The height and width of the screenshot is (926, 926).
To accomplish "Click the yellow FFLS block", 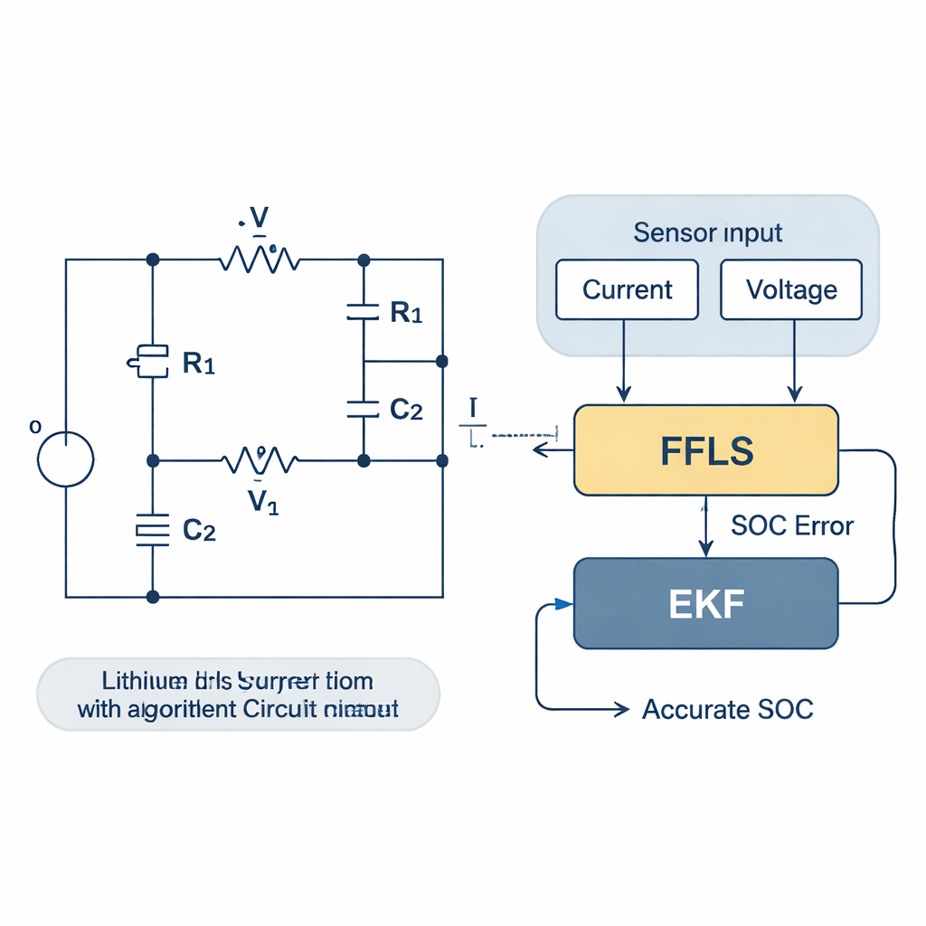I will pos(705,450).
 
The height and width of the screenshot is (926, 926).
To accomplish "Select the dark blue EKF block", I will pos(705,603).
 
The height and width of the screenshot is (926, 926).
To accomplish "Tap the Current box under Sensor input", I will pos(627,289).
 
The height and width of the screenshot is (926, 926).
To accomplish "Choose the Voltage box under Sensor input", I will pos(791,289).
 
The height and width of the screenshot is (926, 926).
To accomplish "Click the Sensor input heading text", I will pos(707,232).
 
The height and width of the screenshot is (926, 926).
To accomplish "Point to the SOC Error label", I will pos(792,525).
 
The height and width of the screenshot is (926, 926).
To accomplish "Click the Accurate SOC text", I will pos(727,709).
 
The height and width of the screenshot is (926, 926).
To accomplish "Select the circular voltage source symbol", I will pos(66,459).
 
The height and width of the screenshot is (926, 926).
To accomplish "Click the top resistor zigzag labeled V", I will pos(260,260).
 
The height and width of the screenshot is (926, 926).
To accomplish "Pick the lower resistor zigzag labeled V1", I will pos(260,461).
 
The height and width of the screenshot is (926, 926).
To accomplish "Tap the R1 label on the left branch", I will pos(199,364).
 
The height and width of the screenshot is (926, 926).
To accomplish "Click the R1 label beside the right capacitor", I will pos(406,313).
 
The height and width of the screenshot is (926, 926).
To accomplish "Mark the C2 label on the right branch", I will pos(406,410).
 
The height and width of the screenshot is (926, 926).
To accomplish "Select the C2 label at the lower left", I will pos(199,531).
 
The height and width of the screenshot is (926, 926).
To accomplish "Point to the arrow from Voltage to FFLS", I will pos(794,362).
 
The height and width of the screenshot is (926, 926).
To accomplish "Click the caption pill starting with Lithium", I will pos(238,694).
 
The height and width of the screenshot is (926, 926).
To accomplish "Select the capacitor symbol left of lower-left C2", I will pos(153,531).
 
